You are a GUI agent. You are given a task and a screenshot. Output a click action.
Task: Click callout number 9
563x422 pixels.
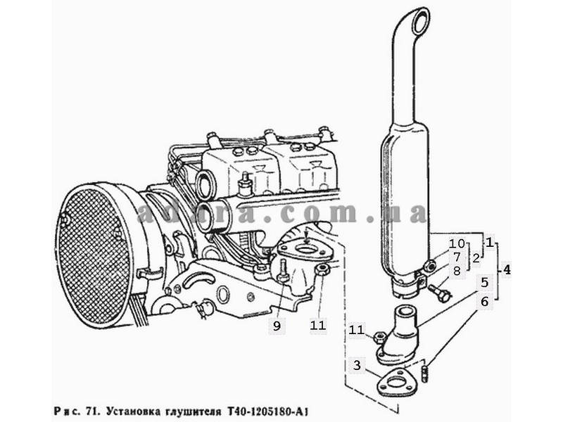(x=277, y=326)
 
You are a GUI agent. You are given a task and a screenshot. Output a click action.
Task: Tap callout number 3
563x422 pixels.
(x=357, y=365)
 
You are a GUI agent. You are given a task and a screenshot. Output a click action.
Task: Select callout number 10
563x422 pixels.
(x=457, y=243)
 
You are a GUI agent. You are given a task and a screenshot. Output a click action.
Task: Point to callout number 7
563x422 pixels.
(x=457, y=257)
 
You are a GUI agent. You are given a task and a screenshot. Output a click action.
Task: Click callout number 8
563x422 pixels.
(x=457, y=271)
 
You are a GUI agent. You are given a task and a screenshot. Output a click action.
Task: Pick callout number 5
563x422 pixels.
(x=484, y=283)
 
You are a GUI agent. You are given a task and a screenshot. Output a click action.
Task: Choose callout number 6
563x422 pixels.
(x=484, y=302)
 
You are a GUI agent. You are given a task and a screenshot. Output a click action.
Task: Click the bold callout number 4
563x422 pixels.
(x=506, y=269)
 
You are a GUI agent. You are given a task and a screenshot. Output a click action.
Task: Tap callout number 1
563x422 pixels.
(x=490, y=242)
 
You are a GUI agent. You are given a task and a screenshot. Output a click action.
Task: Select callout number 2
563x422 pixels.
(x=476, y=258)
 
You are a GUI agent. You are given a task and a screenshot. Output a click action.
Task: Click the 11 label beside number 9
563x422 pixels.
(x=318, y=326)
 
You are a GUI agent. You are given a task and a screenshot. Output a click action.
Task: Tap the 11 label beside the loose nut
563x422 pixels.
(x=357, y=329)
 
